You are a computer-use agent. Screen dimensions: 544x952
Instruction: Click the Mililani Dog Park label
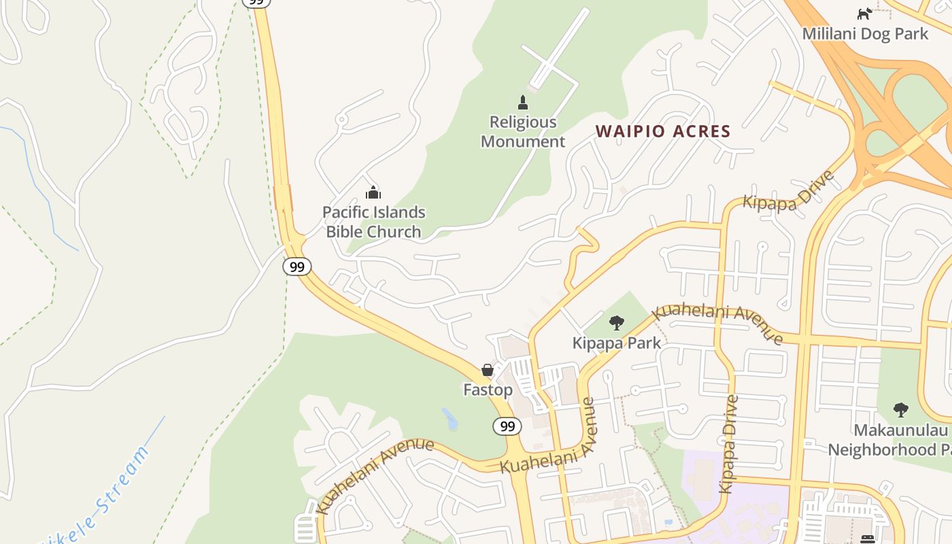865,33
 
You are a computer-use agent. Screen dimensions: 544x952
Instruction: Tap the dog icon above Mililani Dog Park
864,13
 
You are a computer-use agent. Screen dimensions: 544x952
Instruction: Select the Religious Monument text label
523,132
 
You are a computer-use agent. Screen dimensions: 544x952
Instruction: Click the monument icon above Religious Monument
523,103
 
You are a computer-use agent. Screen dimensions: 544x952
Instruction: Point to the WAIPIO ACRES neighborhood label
662,131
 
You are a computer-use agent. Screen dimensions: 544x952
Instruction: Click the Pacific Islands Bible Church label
373,222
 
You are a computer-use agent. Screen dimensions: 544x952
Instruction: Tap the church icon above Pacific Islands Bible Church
373,192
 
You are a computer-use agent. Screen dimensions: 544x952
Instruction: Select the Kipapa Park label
616,343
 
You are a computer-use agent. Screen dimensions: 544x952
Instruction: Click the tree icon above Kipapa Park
617,322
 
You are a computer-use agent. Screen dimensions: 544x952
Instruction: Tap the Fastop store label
488,390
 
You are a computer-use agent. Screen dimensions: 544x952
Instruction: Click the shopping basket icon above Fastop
488,370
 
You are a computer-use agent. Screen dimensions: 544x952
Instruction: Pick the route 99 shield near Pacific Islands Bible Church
297,267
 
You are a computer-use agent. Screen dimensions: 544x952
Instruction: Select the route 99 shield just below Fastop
507,426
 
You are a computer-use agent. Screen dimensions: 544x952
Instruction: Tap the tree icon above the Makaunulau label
900,410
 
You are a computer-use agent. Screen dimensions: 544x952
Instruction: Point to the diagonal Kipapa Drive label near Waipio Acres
788,191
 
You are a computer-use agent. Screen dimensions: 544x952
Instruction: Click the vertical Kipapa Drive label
730,443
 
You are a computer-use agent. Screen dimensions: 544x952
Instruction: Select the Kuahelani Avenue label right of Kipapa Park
717,324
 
